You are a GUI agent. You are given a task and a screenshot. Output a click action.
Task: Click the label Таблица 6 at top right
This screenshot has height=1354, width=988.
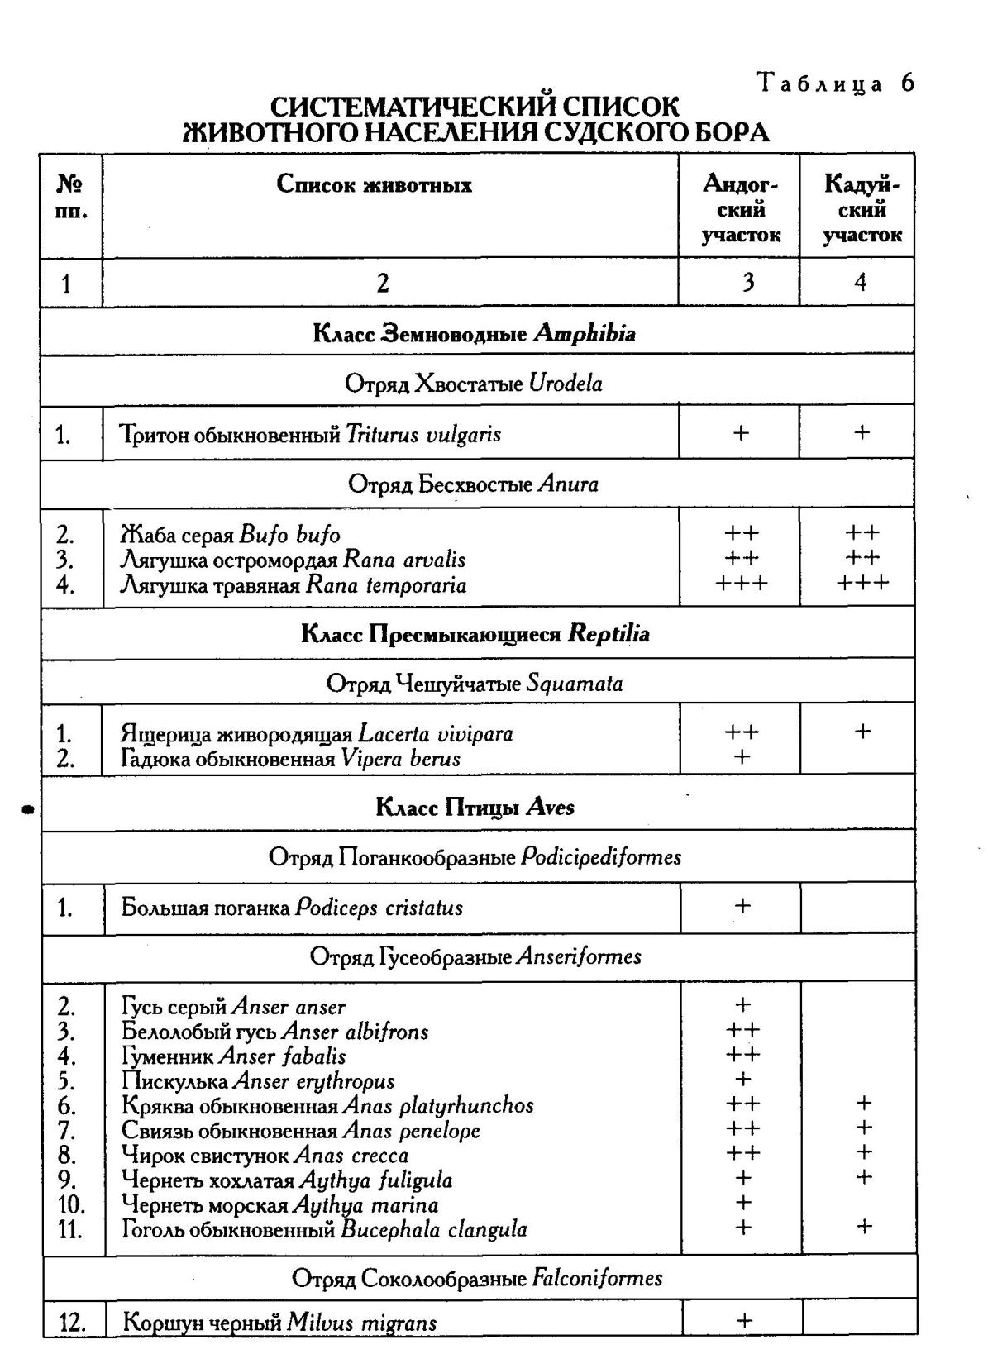coord(836,83)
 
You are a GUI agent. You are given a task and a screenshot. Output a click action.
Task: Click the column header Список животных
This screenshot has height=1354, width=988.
coord(374,184)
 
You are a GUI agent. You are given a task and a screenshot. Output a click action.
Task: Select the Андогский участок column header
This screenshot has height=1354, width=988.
coord(741,209)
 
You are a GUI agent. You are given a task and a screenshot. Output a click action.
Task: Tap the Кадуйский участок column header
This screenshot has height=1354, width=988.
coord(862,209)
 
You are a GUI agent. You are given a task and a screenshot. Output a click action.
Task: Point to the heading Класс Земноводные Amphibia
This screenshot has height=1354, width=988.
coord(475,333)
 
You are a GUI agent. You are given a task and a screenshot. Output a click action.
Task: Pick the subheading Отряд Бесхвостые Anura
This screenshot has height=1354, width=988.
coord(473,484)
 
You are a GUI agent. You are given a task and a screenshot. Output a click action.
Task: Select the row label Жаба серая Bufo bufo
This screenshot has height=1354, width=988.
coord(231,535)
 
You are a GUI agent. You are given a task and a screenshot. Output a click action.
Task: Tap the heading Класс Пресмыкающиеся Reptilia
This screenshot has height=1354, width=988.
coord(475,634)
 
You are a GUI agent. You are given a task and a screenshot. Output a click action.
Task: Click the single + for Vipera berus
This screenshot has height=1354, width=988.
coord(742,757)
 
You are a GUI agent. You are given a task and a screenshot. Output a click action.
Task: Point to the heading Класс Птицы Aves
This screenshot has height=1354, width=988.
coord(475,807)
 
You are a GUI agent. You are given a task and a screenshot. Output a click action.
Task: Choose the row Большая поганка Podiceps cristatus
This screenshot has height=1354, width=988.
coord(292,908)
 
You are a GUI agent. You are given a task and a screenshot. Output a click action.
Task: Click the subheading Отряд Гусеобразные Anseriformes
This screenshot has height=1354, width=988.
coord(475,957)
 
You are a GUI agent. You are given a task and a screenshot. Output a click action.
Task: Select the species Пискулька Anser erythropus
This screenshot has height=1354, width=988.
coord(258,1080)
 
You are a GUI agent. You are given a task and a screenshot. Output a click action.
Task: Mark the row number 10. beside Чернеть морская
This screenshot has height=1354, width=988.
coord(71,1204)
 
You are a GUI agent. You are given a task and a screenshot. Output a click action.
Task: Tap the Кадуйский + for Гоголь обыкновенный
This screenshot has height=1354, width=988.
coord(863,1227)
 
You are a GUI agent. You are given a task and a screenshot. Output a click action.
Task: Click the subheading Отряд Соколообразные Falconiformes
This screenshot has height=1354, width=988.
coord(477,1279)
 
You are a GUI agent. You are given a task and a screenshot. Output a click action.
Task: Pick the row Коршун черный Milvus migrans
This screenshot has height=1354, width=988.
coord(279,1323)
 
